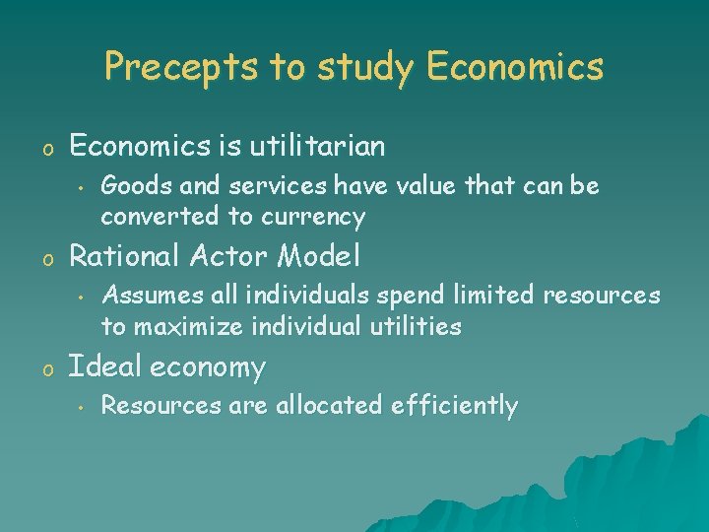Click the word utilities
pos(413,326)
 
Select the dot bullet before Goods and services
pos(76,187)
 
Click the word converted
pos(151,216)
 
